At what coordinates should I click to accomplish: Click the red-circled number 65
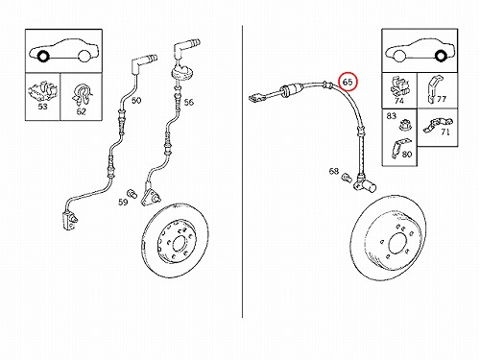348,82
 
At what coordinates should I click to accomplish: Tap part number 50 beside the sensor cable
136,101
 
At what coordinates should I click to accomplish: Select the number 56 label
189,102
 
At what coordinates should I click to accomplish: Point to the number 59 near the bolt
123,202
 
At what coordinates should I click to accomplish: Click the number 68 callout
334,171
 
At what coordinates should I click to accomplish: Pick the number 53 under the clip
42,107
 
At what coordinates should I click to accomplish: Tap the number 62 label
82,111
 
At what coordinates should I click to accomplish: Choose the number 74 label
399,101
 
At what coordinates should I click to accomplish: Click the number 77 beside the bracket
442,99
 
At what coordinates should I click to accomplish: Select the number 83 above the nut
392,115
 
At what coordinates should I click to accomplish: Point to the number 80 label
407,155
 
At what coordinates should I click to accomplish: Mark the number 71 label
445,132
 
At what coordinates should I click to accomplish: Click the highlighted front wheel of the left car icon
43,57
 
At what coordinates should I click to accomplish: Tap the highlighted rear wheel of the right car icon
441,56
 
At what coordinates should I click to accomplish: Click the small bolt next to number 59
132,193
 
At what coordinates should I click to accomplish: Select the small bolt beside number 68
347,178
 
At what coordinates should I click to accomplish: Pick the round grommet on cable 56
182,72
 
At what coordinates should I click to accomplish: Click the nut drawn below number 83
403,125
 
